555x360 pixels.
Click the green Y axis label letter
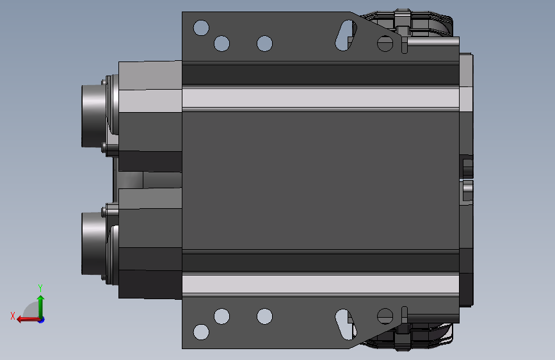click(40, 288)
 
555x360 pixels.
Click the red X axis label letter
click(13, 316)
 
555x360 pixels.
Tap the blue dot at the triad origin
click(42, 320)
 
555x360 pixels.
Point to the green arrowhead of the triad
click(41, 299)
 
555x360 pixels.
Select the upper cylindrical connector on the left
click(94, 115)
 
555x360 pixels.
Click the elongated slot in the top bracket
click(346, 35)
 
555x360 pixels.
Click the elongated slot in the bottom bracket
click(346, 324)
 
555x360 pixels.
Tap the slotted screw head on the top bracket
click(385, 44)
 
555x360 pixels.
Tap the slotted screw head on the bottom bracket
click(385, 316)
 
